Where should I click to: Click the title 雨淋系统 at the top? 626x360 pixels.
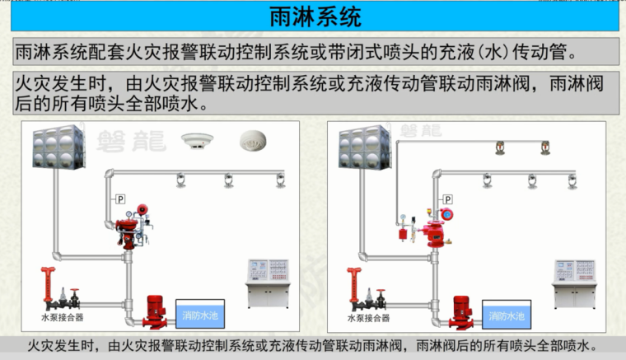click(315, 16)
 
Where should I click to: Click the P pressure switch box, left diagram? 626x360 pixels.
click(119, 199)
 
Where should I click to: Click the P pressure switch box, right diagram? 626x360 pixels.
click(448, 199)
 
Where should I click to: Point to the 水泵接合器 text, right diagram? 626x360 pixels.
click(367, 316)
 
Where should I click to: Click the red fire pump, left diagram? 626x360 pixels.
click(154, 311)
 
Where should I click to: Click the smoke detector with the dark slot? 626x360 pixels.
click(197, 139)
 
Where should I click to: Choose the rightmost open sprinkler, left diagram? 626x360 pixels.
click(280, 179)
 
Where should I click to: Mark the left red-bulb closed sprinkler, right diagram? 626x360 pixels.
click(498, 148)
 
